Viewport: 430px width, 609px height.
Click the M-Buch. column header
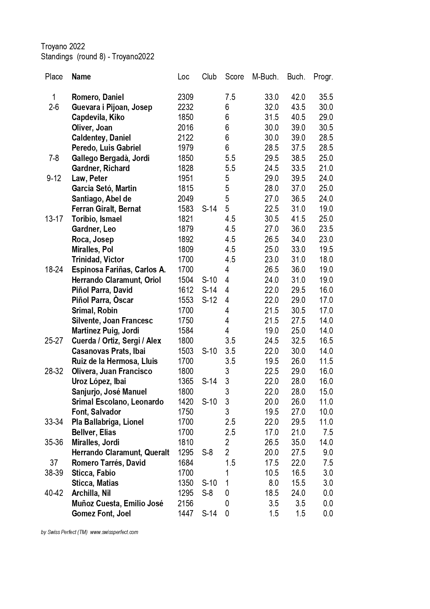(265, 77)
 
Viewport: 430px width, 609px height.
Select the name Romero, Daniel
(97, 97)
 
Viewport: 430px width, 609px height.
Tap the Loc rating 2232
(185, 107)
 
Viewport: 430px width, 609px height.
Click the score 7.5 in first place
(230, 97)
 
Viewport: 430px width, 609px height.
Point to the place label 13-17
(54, 219)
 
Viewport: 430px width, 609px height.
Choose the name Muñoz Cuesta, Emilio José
(117, 504)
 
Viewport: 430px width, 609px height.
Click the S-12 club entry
(209, 300)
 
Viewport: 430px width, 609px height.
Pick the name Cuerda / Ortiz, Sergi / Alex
(116, 341)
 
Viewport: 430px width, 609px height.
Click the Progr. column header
(323, 77)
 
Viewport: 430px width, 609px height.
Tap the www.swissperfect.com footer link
(114, 532)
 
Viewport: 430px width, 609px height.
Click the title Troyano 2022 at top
(63, 46)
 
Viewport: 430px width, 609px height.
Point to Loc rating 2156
(185, 504)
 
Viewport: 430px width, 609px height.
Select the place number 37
(54, 463)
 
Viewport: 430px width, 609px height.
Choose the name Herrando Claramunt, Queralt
(120, 452)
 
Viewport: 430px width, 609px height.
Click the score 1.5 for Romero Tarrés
(230, 463)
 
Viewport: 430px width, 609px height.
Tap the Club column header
(209, 77)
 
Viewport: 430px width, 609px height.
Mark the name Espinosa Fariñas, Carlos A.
(119, 270)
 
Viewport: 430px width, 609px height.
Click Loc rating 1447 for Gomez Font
(185, 514)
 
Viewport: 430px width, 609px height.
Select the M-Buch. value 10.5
(272, 473)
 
